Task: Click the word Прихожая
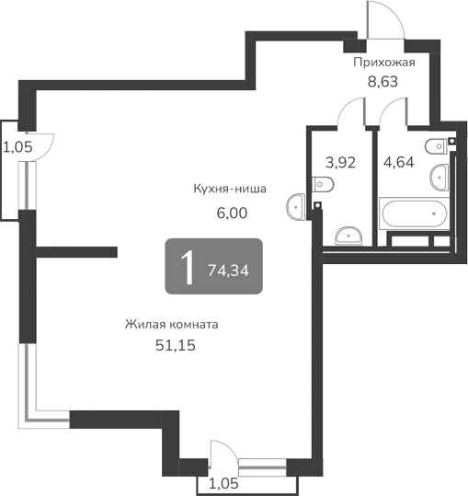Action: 385,63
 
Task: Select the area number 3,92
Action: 340,162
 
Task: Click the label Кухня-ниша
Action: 230,190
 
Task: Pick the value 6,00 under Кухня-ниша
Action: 232,211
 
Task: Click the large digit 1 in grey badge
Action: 186,268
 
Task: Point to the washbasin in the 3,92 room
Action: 348,235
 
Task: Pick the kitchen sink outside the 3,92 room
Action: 296,206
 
